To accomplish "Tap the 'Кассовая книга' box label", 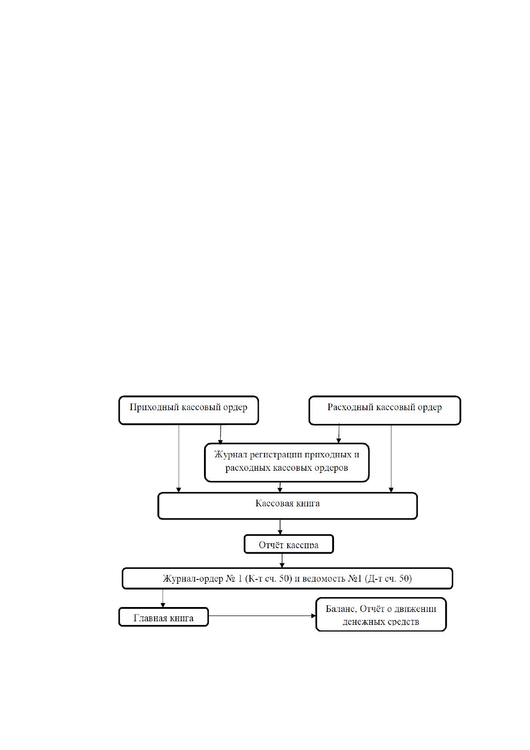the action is (x=287, y=503).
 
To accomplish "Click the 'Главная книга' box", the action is (x=163, y=617).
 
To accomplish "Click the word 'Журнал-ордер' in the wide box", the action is (x=193, y=579).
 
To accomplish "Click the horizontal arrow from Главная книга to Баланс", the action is (x=262, y=616).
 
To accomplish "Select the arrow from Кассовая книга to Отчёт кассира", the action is (x=280, y=527).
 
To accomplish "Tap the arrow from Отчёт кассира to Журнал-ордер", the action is (x=282, y=561).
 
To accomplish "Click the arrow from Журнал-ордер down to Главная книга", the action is (x=163, y=598).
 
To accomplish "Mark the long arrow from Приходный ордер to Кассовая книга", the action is (x=179, y=459).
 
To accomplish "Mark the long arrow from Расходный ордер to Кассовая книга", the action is (x=391, y=459).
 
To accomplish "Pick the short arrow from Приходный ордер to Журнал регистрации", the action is (x=220, y=434).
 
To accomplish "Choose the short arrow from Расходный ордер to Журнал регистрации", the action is (x=339, y=434).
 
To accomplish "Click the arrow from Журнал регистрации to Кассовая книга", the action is (x=280, y=488).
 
